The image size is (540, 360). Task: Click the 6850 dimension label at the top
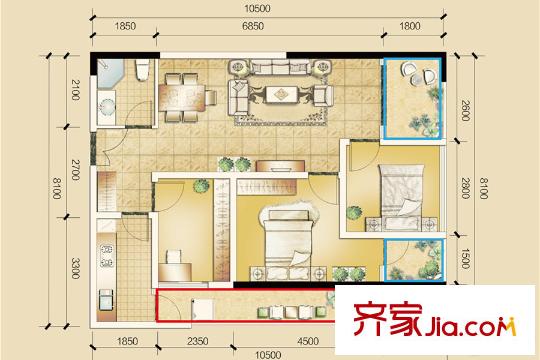pyautogui.click(x=253, y=26)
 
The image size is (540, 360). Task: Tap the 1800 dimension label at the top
pyautogui.click(x=409, y=26)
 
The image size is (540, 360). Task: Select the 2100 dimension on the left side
pyautogui.click(x=76, y=90)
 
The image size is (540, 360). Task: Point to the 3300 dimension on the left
pyautogui.click(x=76, y=268)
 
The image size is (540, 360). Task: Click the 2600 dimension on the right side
pyautogui.click(x=465, y=111)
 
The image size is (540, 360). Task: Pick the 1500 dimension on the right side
pyautogui.click(x=465, y=258)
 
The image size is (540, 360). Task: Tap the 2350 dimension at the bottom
pyautogui.click(x=198, y=341)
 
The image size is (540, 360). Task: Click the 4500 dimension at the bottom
pyautogui.click(x=308, y=341)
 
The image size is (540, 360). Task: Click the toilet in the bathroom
pyautogui.click(x=142, y=70)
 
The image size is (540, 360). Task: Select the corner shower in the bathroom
pyautogui.click(x=110, y=73)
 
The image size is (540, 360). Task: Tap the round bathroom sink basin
pyautogui.click(x=106, y=107)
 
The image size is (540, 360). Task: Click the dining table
pyautogui.click(x=182, y=98)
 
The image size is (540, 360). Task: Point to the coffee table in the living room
pyautogui.click(x=282, y=94)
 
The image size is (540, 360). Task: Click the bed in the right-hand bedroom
pyautogui.click(x=402, y=196)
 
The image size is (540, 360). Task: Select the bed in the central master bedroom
pyautogui.click(x=289, y=241)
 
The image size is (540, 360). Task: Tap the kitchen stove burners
pyautogui.click(x=107, y=256)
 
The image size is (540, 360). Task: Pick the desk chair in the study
pyautogui.click(x=174, y=257)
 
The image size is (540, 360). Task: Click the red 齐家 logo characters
pyautogui.click(x=387, y=320)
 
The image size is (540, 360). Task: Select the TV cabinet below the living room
pyautogui.click(x=280, y=166)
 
